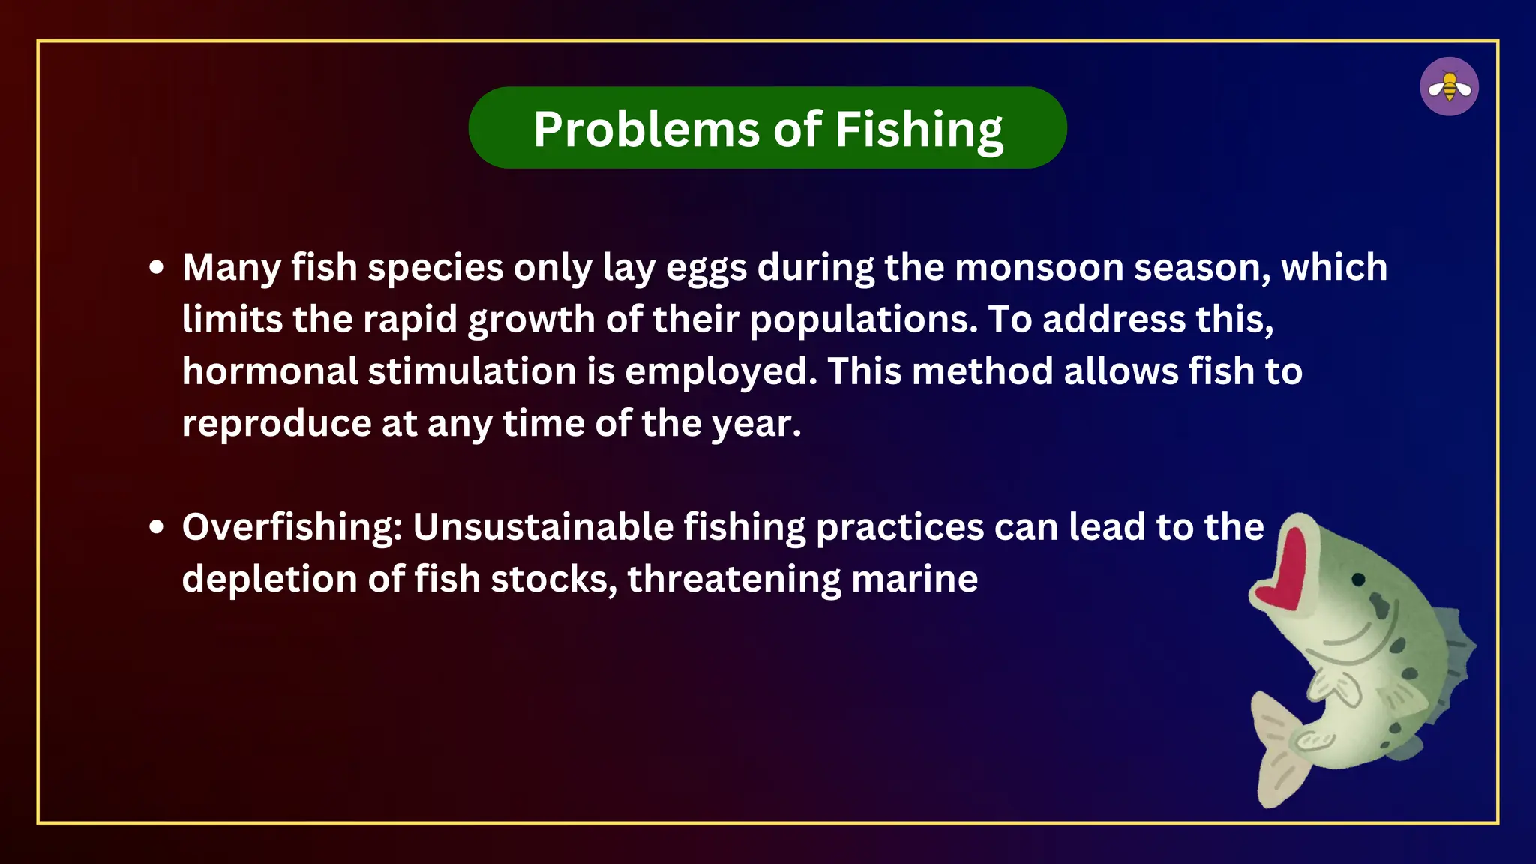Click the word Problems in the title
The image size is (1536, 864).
[646, 129]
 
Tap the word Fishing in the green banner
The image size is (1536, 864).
[919, 130]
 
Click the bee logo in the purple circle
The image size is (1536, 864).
[1449, 87]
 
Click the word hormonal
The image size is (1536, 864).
[270, 371]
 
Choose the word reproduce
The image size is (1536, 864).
[276, 424]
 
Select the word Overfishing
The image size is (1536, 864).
[292, 527]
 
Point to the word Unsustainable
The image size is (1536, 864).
[543, 527]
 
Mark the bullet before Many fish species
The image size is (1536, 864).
[156, 268]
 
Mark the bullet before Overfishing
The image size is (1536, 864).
[156, 527]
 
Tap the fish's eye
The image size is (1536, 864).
[1358, 580]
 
